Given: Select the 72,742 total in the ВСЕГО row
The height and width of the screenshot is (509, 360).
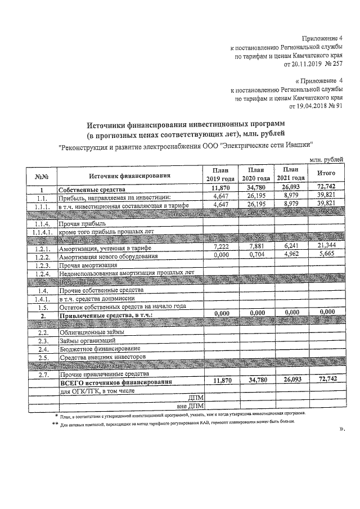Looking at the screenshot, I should click(x=327, y=380).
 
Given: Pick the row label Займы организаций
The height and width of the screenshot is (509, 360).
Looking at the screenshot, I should click(x=89, y=341).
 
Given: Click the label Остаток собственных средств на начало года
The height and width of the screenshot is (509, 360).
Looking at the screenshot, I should click(x=122, y=307).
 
